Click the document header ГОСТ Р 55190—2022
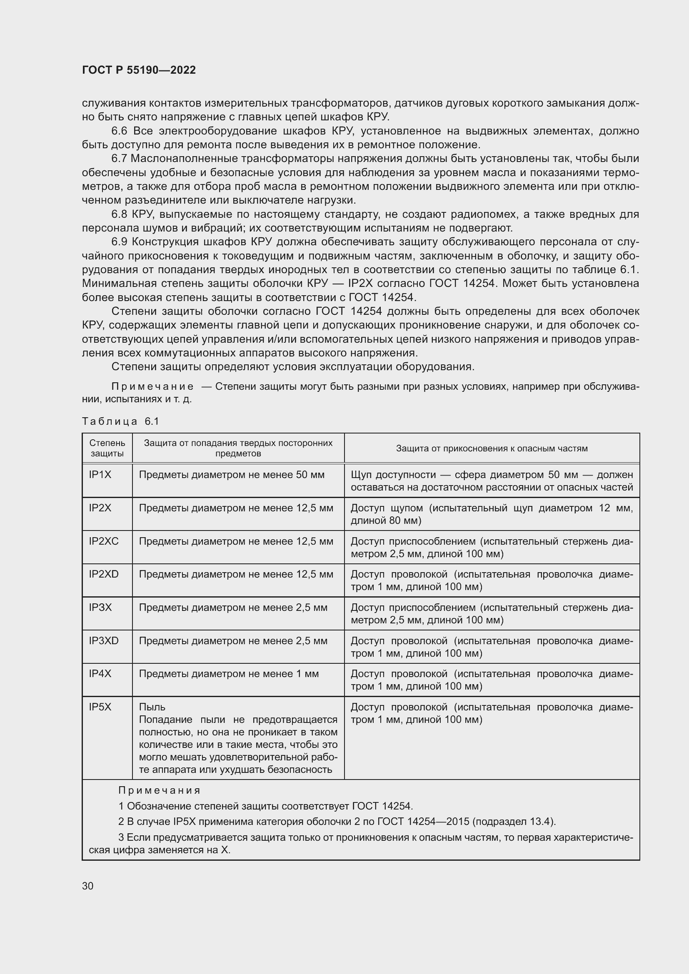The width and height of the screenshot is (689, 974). [x=139, y=70]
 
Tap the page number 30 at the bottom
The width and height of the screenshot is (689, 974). [x=88, y=886]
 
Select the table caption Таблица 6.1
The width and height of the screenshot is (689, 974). [x=120, y=421]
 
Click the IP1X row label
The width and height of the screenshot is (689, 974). [x=100, y=475]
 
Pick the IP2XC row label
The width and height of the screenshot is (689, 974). [x=104, y=541]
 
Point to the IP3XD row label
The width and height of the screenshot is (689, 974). [x=104, y=640]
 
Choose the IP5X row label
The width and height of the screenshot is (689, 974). [x=100, y=707]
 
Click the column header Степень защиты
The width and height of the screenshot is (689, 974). [x=107, y=448]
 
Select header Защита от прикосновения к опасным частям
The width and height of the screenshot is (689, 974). [x=491, y=448]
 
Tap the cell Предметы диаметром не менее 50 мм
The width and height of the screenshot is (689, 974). [x=232, y=475]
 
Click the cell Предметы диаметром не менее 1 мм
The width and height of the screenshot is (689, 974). [x=229, y=674]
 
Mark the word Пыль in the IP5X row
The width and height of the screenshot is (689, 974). [x=152, y=707]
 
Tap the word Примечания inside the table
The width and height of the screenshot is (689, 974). [x=159, y=790]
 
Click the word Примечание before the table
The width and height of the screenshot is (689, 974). [x=152, y=386]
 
